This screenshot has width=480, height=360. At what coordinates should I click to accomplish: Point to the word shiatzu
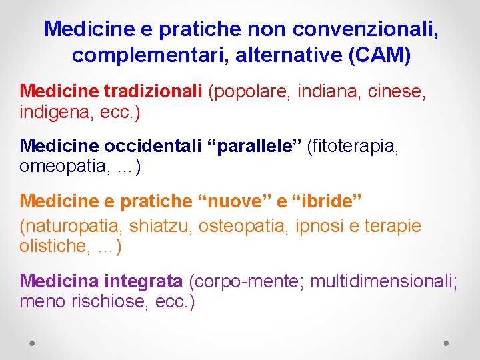pyautogui.click(x=160, y=227)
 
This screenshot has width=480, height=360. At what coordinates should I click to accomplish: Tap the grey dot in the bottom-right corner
pyautogui.click(x=447, y=343)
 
